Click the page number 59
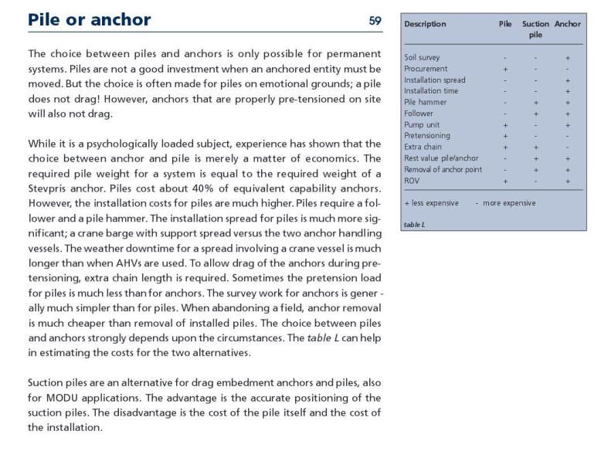pos(375,21)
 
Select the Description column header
pos(425,24)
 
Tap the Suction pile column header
pos(535,29)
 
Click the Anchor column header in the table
pos(568,24)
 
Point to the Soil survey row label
pos(422,57)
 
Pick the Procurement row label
pos(424,68)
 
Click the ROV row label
pos(412,180)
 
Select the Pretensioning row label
pos(426,135)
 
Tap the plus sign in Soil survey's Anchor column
pos(568,57)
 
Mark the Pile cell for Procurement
pos(504,68)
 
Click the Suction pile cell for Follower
pos(535,113)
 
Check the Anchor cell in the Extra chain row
pos(568,147)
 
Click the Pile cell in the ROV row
pos(504,180)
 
